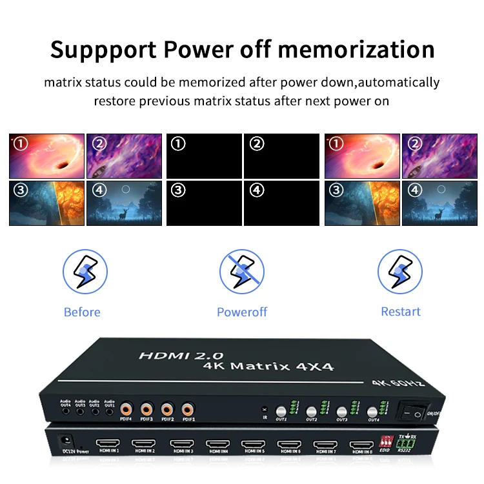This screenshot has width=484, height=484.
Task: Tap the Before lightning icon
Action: tap(82, 271)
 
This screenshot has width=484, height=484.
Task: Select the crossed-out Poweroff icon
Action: tap(242, 271)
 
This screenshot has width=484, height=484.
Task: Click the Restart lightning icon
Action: tap(400, 271)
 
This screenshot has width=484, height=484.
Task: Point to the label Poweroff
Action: tap(242, 312)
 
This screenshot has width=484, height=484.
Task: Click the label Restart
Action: tap(400, 311)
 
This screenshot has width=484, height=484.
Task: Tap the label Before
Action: tap(82, 312)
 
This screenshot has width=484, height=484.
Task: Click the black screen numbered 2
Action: tap(281, 156)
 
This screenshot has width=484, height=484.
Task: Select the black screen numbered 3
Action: tap(204, 203)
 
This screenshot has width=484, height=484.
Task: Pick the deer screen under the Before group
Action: tap(124, 203)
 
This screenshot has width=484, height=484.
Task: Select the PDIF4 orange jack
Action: tap(126, 408)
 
